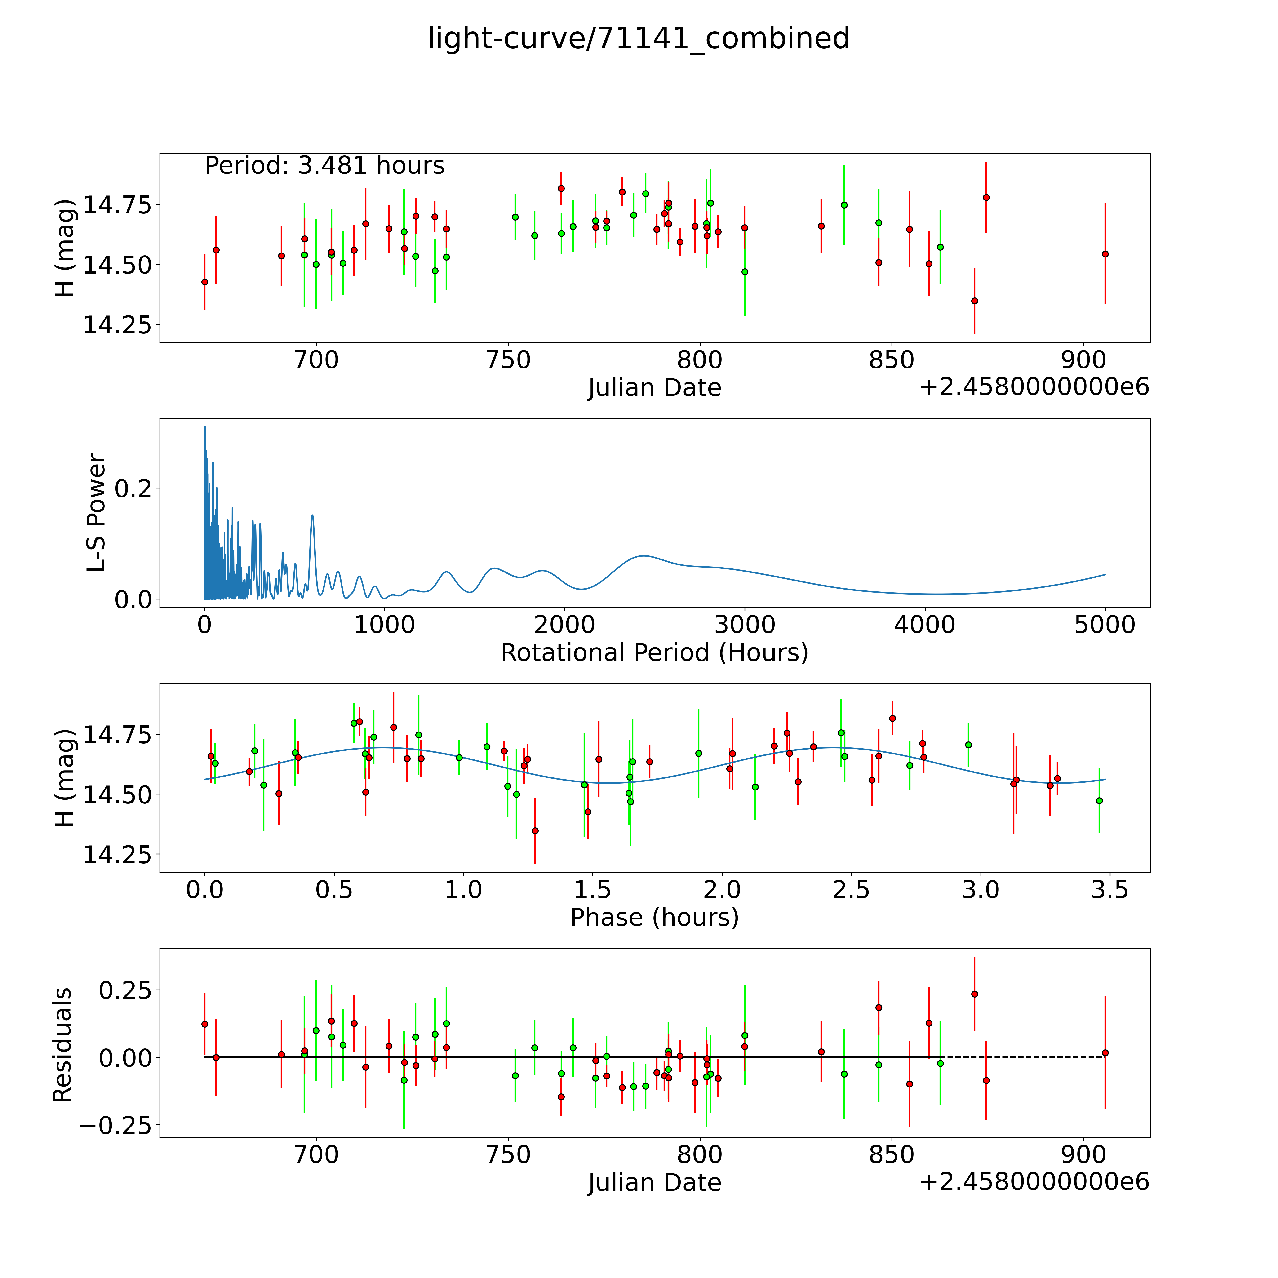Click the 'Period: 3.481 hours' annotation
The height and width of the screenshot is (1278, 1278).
[x=325, y=165]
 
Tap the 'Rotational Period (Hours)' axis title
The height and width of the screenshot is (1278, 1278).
[x=654, y=653]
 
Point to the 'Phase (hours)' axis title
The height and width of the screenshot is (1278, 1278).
[x=654, y=918]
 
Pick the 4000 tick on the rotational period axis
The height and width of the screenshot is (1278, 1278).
[x=925, y=625]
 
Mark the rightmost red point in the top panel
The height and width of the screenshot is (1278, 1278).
[x=1105, y=254]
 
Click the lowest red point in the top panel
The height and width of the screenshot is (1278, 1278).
[x=974, y=301]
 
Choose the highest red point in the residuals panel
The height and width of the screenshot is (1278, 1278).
[x=974, y=994]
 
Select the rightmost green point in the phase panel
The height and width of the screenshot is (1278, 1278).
[x=1099, y=800]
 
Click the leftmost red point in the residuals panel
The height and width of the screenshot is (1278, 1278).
[x=204, y=1024]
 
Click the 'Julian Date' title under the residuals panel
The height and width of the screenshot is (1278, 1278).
[x=654, y=1183]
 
